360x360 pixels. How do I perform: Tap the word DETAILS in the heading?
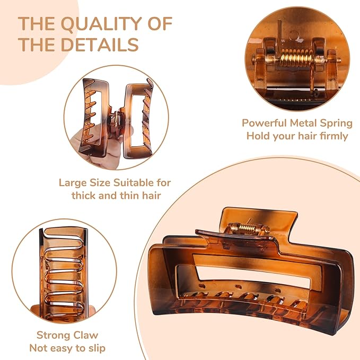click(100, 44)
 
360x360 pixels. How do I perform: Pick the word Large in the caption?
click(73, 183)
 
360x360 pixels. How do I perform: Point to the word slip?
click(95, 348)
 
